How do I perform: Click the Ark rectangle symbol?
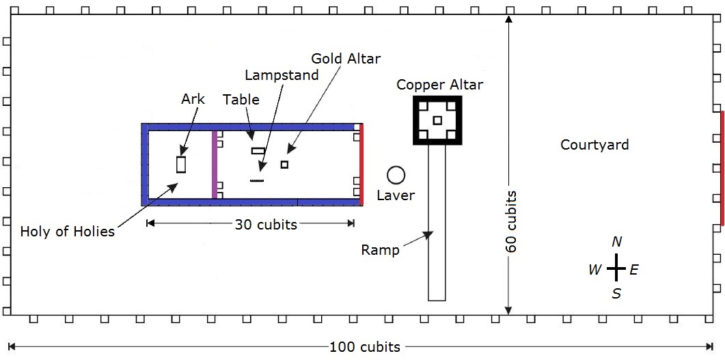181,165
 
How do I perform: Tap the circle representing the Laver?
396,175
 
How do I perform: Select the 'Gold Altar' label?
345,59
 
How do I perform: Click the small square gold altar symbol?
284,165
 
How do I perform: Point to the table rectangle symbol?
258,150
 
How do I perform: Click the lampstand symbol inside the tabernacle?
257,180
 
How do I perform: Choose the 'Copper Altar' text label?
439,85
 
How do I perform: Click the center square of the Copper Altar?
437,120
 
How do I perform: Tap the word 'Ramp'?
380,250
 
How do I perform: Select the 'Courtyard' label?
594,145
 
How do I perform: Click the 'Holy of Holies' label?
67,231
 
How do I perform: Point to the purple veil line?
215,165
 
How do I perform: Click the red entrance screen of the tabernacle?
361,165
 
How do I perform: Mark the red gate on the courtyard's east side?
722,168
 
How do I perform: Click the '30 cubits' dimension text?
266,224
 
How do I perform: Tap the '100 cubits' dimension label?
364,347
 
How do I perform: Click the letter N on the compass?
616,242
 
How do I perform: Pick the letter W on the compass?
594,270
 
